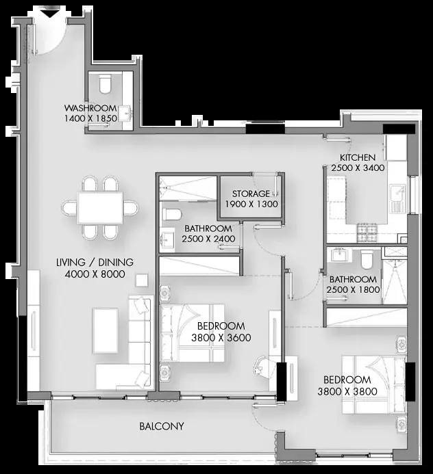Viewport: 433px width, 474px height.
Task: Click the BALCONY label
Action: pyautogui.click(x=162, y=426)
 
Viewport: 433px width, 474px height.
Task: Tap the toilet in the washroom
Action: pyautogui.click(x=106, y=84)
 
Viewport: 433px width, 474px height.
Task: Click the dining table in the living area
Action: pyautogui.click(x=100, y=208)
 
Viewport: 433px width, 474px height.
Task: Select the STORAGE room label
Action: pyautogui.click(x=251, y=194)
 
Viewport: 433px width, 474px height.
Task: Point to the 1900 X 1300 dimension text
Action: pyautogui.click(x=251, y=204)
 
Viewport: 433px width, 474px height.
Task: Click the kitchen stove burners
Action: pyautogui.click(x=367, y=233)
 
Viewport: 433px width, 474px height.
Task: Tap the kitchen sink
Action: pyautogui.click(x=397, y=198)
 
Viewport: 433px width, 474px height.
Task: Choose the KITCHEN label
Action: pyautogui.click(x=358, y=157)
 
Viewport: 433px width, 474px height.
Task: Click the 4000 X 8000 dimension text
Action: pyautogui.click(x=95, y=274)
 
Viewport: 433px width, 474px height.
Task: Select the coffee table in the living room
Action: pyautogui.click(x=106, y=331)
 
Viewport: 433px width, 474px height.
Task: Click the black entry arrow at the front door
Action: pyautogui.click(x=49, y=14)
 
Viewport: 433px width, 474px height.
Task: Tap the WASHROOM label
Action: pyautogui.click(x=90, y=108)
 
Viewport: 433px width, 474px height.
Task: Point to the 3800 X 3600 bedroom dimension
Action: pyautogui.click(x=221, y=338)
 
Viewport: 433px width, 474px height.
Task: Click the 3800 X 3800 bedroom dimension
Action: pyautogui.click(x=347, y=392)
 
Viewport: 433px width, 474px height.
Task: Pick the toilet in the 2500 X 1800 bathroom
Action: pyautogui.click(x=367, y=259)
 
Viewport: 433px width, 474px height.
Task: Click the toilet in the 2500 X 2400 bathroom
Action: pyautogui.click(x=172, y=214)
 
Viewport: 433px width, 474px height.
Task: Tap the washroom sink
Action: pyautogui.click(x=125, y=114)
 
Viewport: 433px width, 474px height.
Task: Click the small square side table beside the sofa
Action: pyautogui.click(x=142, y=280)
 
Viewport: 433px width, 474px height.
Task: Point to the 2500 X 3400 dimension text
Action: pyautogui.click(x=358, y=168)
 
